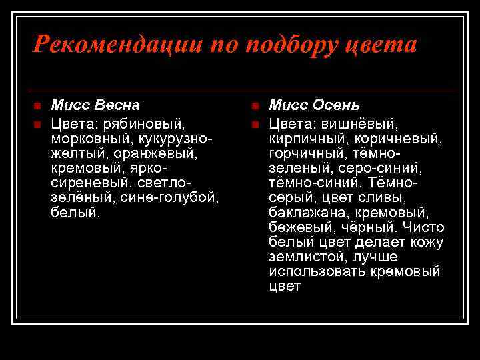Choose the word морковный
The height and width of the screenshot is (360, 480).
click(92, 139)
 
